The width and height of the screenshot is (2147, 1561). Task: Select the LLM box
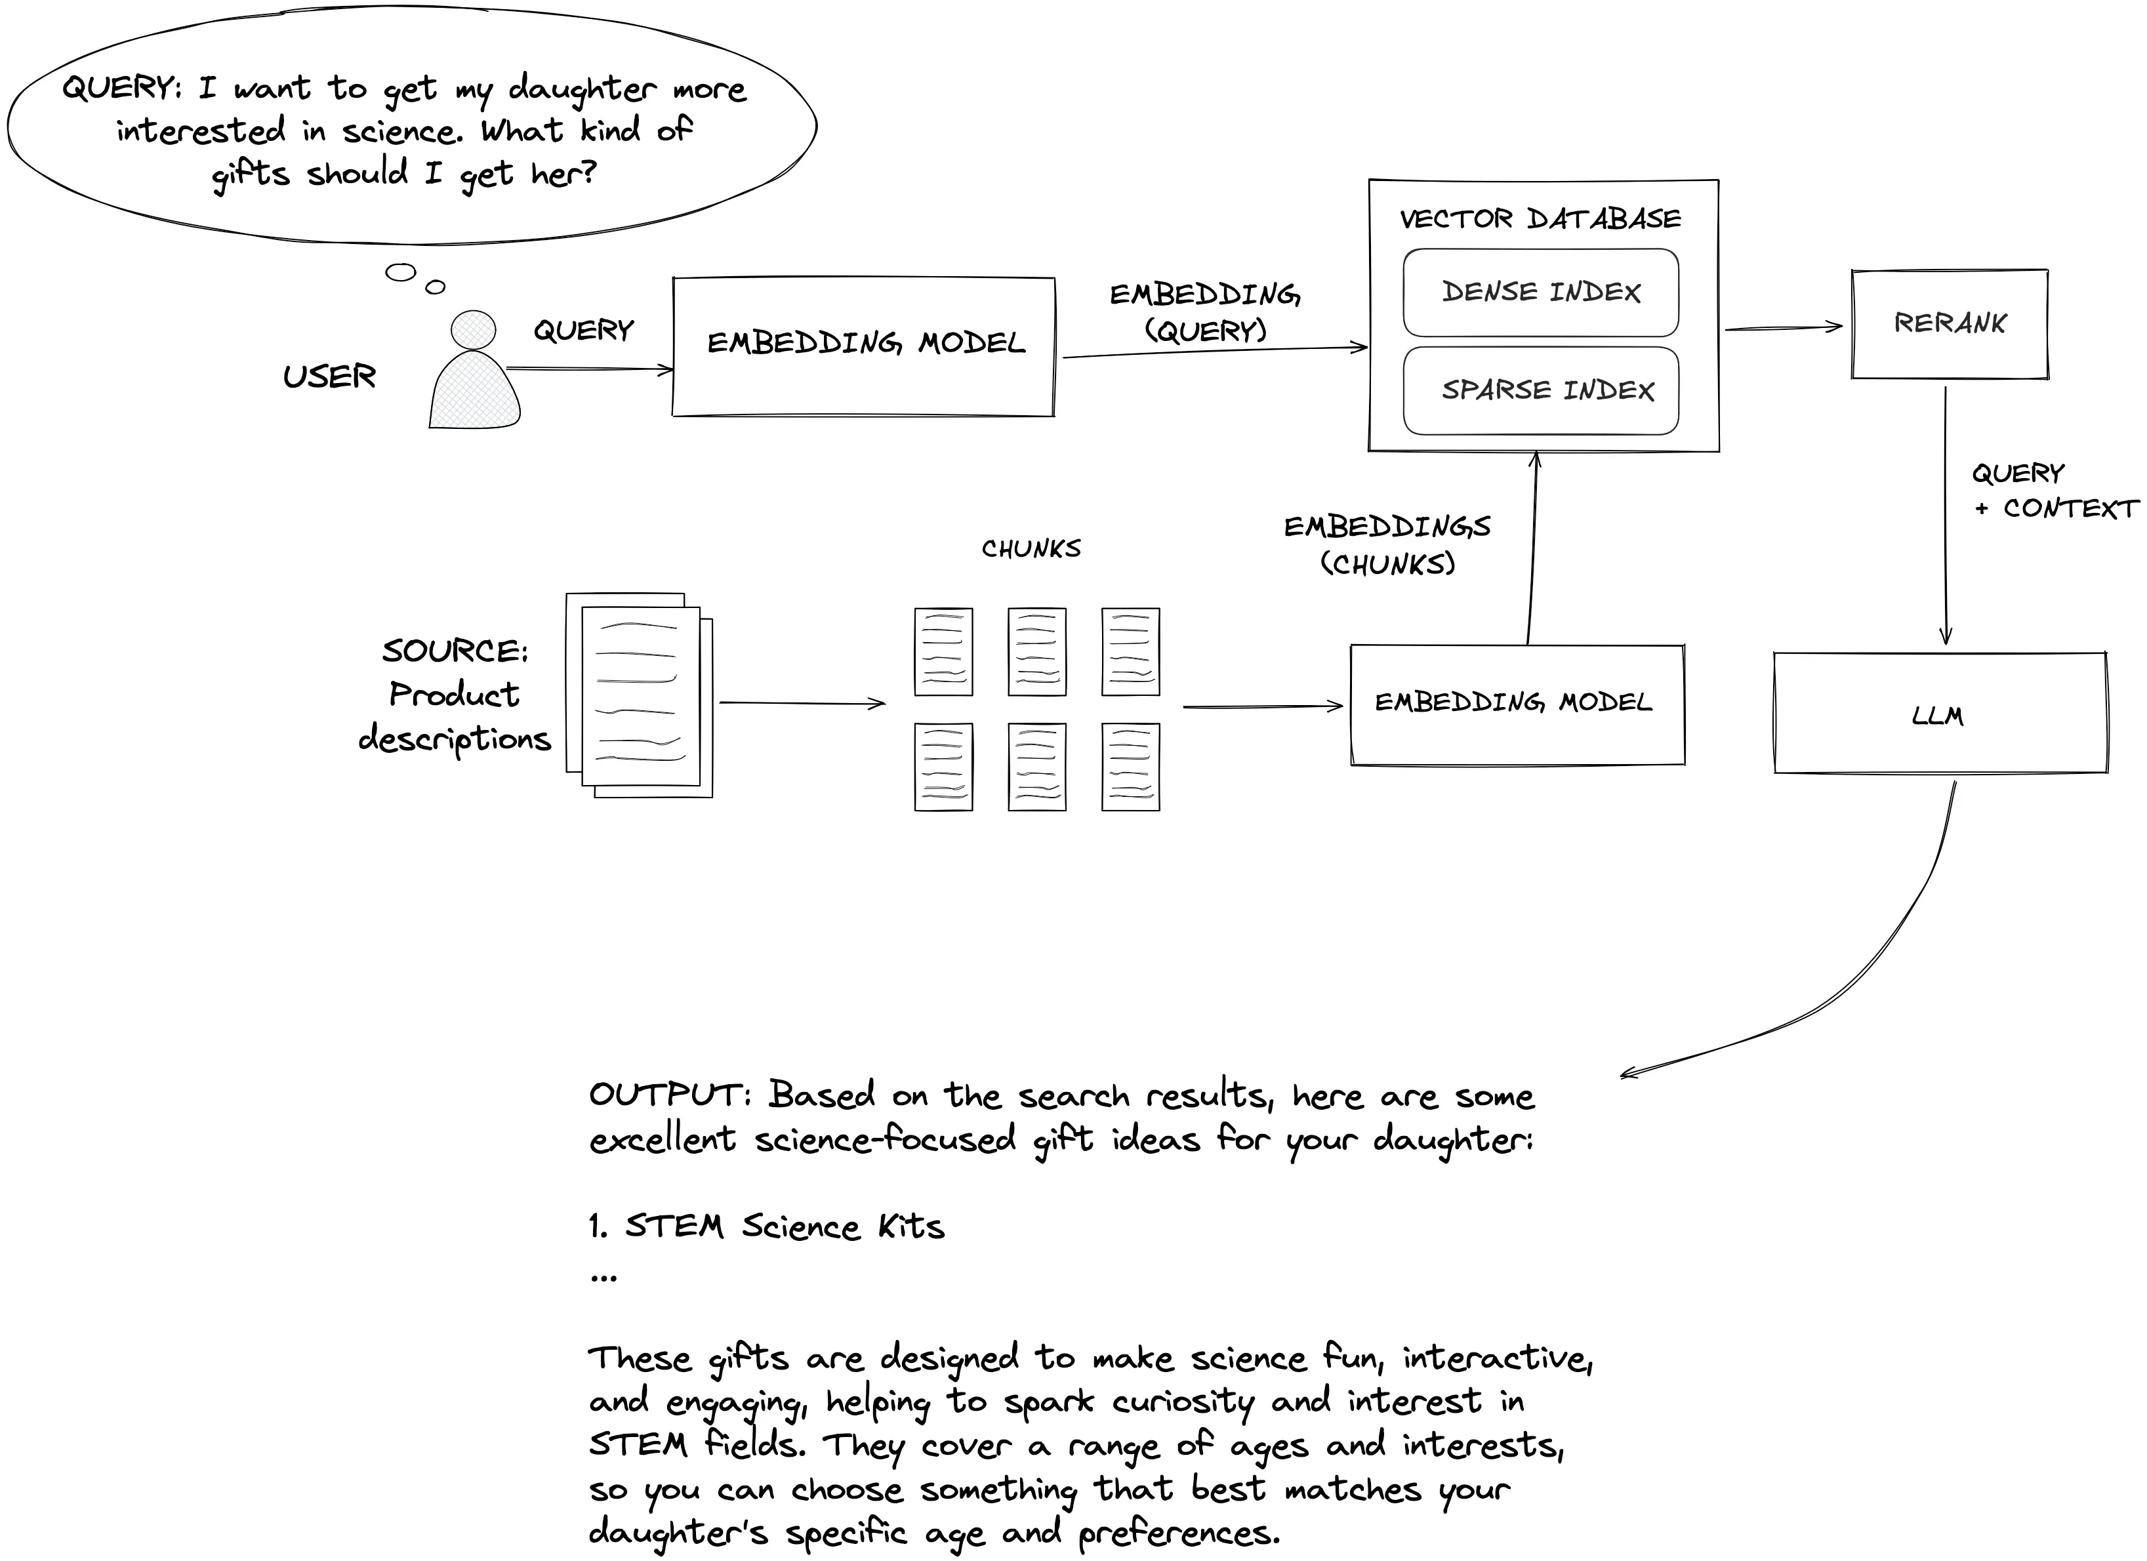pos(1940,713)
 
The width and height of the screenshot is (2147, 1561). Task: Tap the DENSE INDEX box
pos(1540,292)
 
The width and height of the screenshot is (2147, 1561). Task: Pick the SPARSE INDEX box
pos(1540,390)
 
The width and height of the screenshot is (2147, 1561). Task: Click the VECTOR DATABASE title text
pos(1540,218)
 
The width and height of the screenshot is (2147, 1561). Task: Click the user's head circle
pos(474,329)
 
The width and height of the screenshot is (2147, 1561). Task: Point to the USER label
pos(329,376)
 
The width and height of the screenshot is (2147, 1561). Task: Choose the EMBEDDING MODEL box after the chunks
pos(1517,703)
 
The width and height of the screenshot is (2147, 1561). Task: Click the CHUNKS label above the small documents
pos(1031,549)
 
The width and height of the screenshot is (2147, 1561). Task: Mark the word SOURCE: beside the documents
pos(455,651)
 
